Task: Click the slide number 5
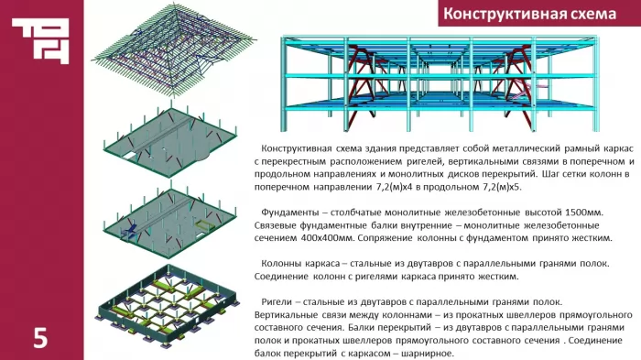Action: (40, 338)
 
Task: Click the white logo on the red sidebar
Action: (40, 41)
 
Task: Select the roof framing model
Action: (174, 49)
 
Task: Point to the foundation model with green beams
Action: (168, 306)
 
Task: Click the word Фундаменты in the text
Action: (290, 213)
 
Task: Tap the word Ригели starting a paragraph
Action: (276, 302)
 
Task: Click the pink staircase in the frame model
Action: (527, 92)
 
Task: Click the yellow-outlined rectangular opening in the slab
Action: (203, 224)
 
